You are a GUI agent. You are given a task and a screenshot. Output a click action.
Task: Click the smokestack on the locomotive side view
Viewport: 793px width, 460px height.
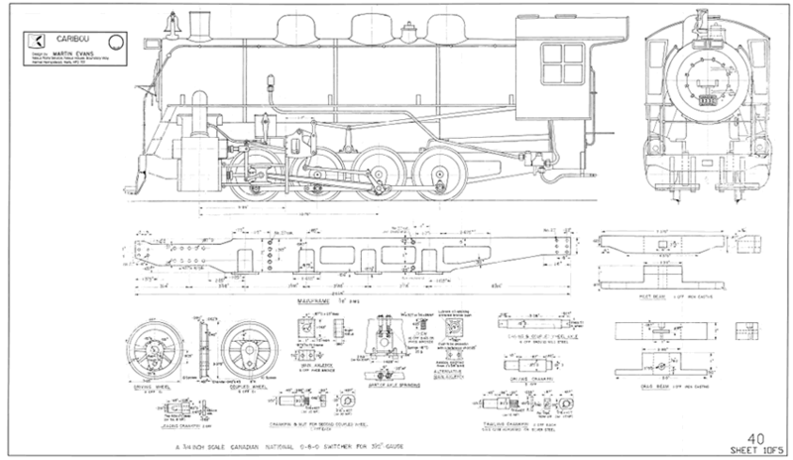tap(204, 21)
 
